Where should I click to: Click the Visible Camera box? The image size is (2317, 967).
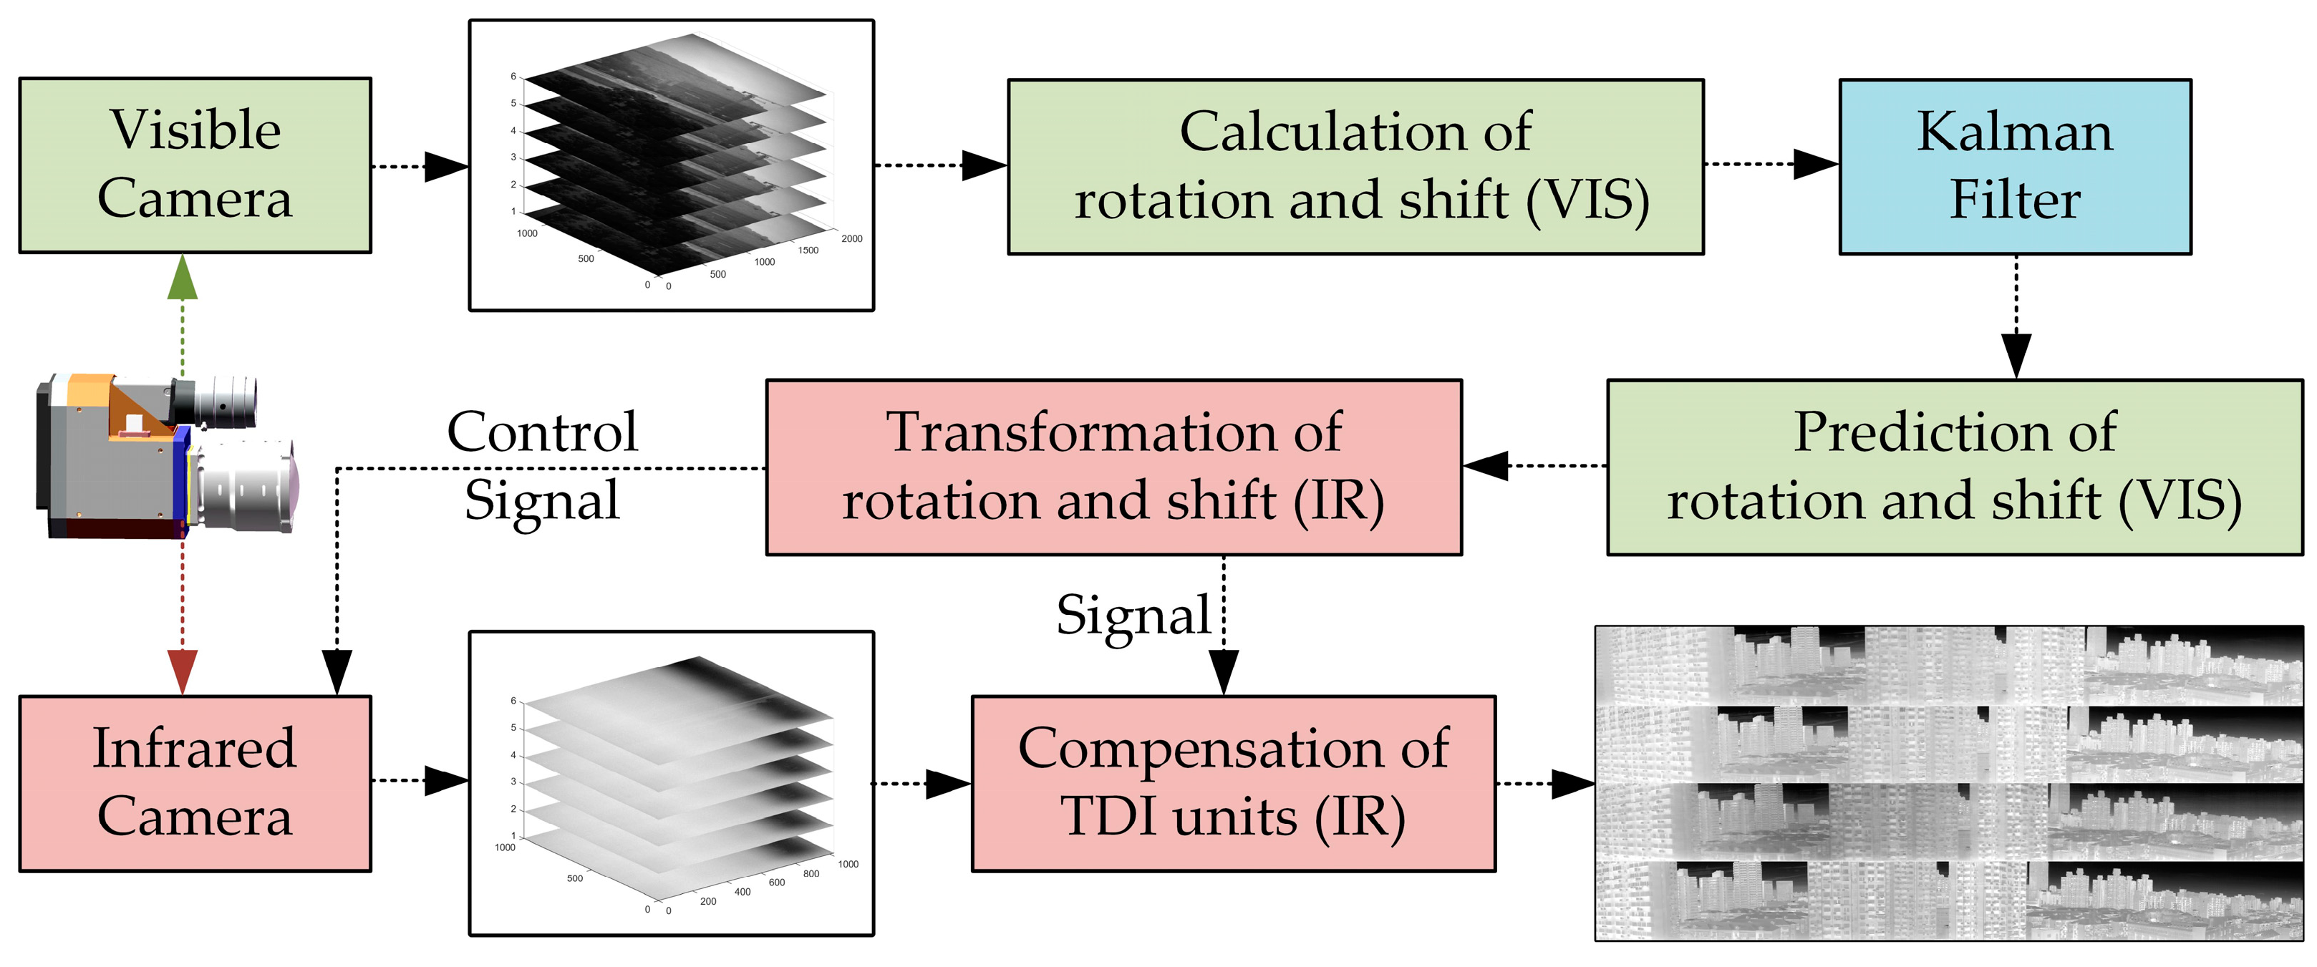[x=194, y=165]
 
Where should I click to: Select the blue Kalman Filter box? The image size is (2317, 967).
[x=2015, y=166]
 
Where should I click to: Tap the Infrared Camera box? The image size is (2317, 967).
[x=194, y=782]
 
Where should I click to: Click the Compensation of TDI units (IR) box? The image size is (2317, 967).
[x=1233, y=782]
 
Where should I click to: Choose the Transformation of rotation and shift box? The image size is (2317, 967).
[x=1113, y=467]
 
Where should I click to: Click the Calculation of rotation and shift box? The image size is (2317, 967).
[x=1355, y=166]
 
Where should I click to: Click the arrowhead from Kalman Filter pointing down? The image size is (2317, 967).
[x=2016, y=355]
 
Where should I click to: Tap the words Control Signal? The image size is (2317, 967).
[x=542, y=465]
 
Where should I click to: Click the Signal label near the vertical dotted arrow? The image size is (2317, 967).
[x=1133, y=616]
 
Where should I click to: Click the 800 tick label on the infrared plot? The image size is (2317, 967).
[x=811, y=873]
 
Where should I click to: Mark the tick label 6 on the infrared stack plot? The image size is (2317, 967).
[x=513, y=700]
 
